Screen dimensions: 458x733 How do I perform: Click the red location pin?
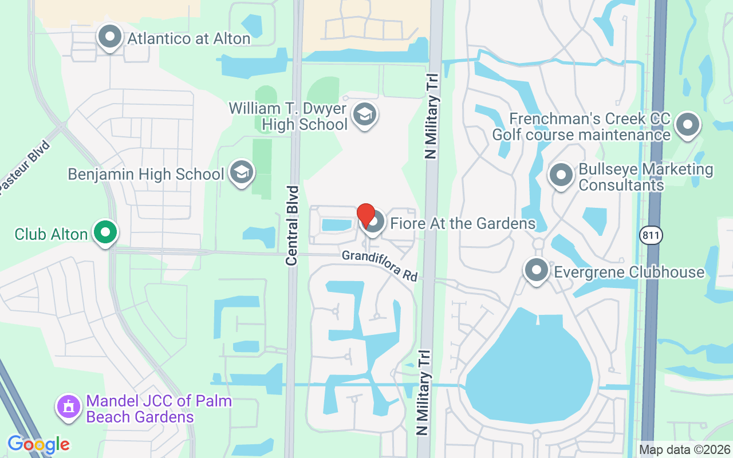(366, 216)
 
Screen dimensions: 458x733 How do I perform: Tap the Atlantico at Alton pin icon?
(109, 37)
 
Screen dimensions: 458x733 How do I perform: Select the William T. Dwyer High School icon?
(364, 114)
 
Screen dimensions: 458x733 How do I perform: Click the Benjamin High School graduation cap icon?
(242, 172)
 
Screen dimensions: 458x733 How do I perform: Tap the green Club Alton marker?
(105, 232)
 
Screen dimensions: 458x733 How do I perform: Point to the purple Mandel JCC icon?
(69, 407)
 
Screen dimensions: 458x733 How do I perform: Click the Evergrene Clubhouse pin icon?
(537, 271)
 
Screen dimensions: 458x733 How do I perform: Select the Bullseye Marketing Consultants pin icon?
(561, 175)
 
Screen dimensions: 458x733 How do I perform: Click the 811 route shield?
(652, 235)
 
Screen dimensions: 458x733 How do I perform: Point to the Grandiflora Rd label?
(380, 265)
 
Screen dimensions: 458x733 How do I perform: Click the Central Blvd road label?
(293, 225)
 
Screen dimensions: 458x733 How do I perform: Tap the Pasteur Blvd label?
(25, 169)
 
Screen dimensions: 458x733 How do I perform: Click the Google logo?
(38, 444)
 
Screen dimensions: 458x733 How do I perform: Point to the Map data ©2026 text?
(684, 450)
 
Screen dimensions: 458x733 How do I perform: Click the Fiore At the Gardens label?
(463, 223)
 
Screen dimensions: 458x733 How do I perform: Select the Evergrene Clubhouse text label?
(629, 271)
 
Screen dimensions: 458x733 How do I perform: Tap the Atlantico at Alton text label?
(188, 39)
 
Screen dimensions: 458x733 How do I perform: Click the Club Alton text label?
(51, 234)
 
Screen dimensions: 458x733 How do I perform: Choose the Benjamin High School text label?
(145, 174)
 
